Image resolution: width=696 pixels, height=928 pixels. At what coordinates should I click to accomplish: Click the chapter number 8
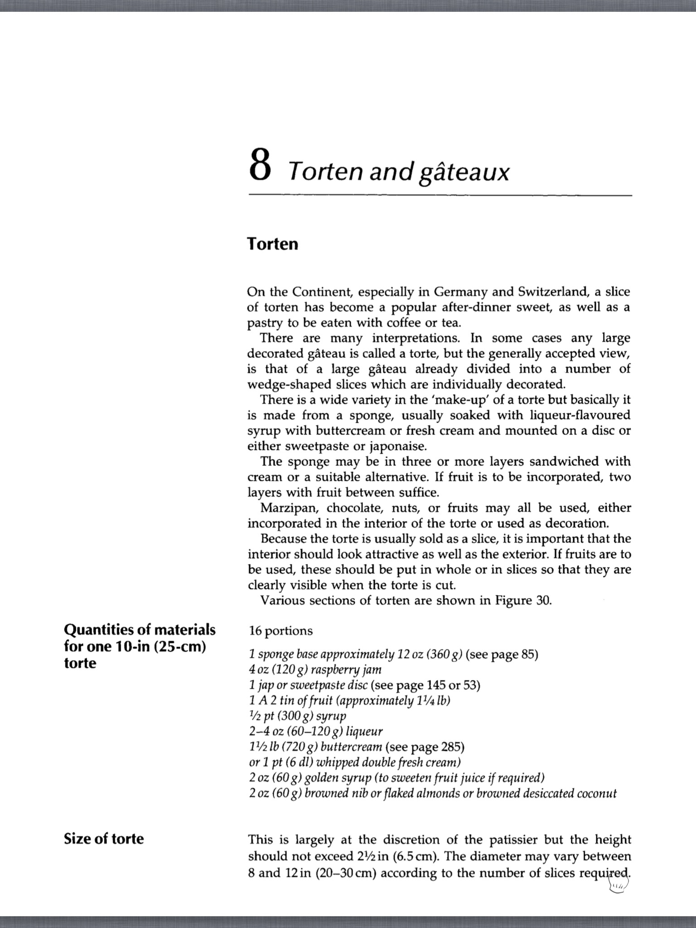tap(260, 165)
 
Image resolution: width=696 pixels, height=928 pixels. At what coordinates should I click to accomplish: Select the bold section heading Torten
tap(273, 244)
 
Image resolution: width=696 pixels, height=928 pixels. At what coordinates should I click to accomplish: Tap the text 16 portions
tap(280, 631)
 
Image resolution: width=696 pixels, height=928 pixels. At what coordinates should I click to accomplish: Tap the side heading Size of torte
tap(104, 839)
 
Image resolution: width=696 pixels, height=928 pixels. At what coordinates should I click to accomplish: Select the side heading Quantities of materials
tap(140, 630)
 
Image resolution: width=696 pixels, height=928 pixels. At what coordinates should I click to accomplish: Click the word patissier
tap(513, 840)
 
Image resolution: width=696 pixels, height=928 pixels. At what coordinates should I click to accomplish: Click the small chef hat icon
tap(618, 883)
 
